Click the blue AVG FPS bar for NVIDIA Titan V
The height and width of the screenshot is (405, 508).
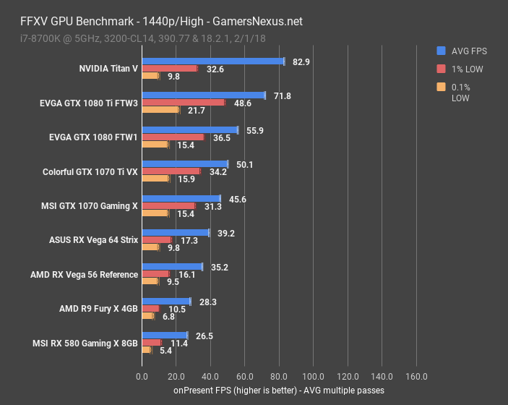coord(213,61)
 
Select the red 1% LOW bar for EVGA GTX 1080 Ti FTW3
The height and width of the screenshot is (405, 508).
coord(184,103)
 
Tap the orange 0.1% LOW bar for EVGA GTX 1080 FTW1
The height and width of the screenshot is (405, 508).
coord(155,145)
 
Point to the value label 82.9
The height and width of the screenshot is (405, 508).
coord(301,61)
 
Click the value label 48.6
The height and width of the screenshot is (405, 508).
coord(242,103)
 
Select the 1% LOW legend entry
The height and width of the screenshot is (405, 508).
coord(462,69)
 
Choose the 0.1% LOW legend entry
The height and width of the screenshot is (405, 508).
coord(461,93)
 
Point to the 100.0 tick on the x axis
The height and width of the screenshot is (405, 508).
coord(314,376)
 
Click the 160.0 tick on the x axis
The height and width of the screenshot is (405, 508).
coord(416,376)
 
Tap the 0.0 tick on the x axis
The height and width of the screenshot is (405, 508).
coord(142,376)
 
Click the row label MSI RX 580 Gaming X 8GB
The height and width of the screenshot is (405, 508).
coord(85,343)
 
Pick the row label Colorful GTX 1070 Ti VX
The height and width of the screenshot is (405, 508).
coord(90,171)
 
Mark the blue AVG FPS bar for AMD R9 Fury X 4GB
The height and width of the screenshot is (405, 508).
coord(166,302)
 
